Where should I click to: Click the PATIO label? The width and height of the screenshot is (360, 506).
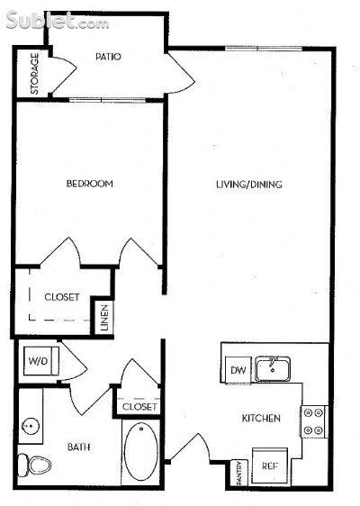coord(108,57)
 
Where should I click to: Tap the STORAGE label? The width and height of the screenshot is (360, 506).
coord(34,74)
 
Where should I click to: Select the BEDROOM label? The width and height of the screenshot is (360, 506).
coord(90,184)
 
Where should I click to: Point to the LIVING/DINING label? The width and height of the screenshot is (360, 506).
coord(249,185)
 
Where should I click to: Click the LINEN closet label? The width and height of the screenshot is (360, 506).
coord(104,318)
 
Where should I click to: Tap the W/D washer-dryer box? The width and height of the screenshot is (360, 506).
coord(41,361)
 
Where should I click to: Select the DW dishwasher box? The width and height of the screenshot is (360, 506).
coord(238,370)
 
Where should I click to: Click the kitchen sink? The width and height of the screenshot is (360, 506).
coord(273,369)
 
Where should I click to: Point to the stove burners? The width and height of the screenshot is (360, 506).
coord(313,421)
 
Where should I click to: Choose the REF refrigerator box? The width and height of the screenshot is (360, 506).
coord(270,465)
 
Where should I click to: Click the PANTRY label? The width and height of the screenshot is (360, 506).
coord(239,473)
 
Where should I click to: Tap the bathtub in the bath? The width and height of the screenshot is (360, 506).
coord(141,452)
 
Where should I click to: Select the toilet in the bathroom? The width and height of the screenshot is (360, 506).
coord(34,465)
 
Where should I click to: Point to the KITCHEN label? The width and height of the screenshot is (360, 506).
coord(261,419)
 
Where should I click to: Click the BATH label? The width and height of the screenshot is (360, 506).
coord(78,447)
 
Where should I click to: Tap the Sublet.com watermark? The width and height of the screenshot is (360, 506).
coord(58,21)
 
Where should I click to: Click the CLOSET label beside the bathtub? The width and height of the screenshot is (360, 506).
coord(139,407)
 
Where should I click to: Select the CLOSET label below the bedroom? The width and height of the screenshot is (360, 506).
coord(62,297)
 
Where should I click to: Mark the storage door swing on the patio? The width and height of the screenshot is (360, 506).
coord(65,75)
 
